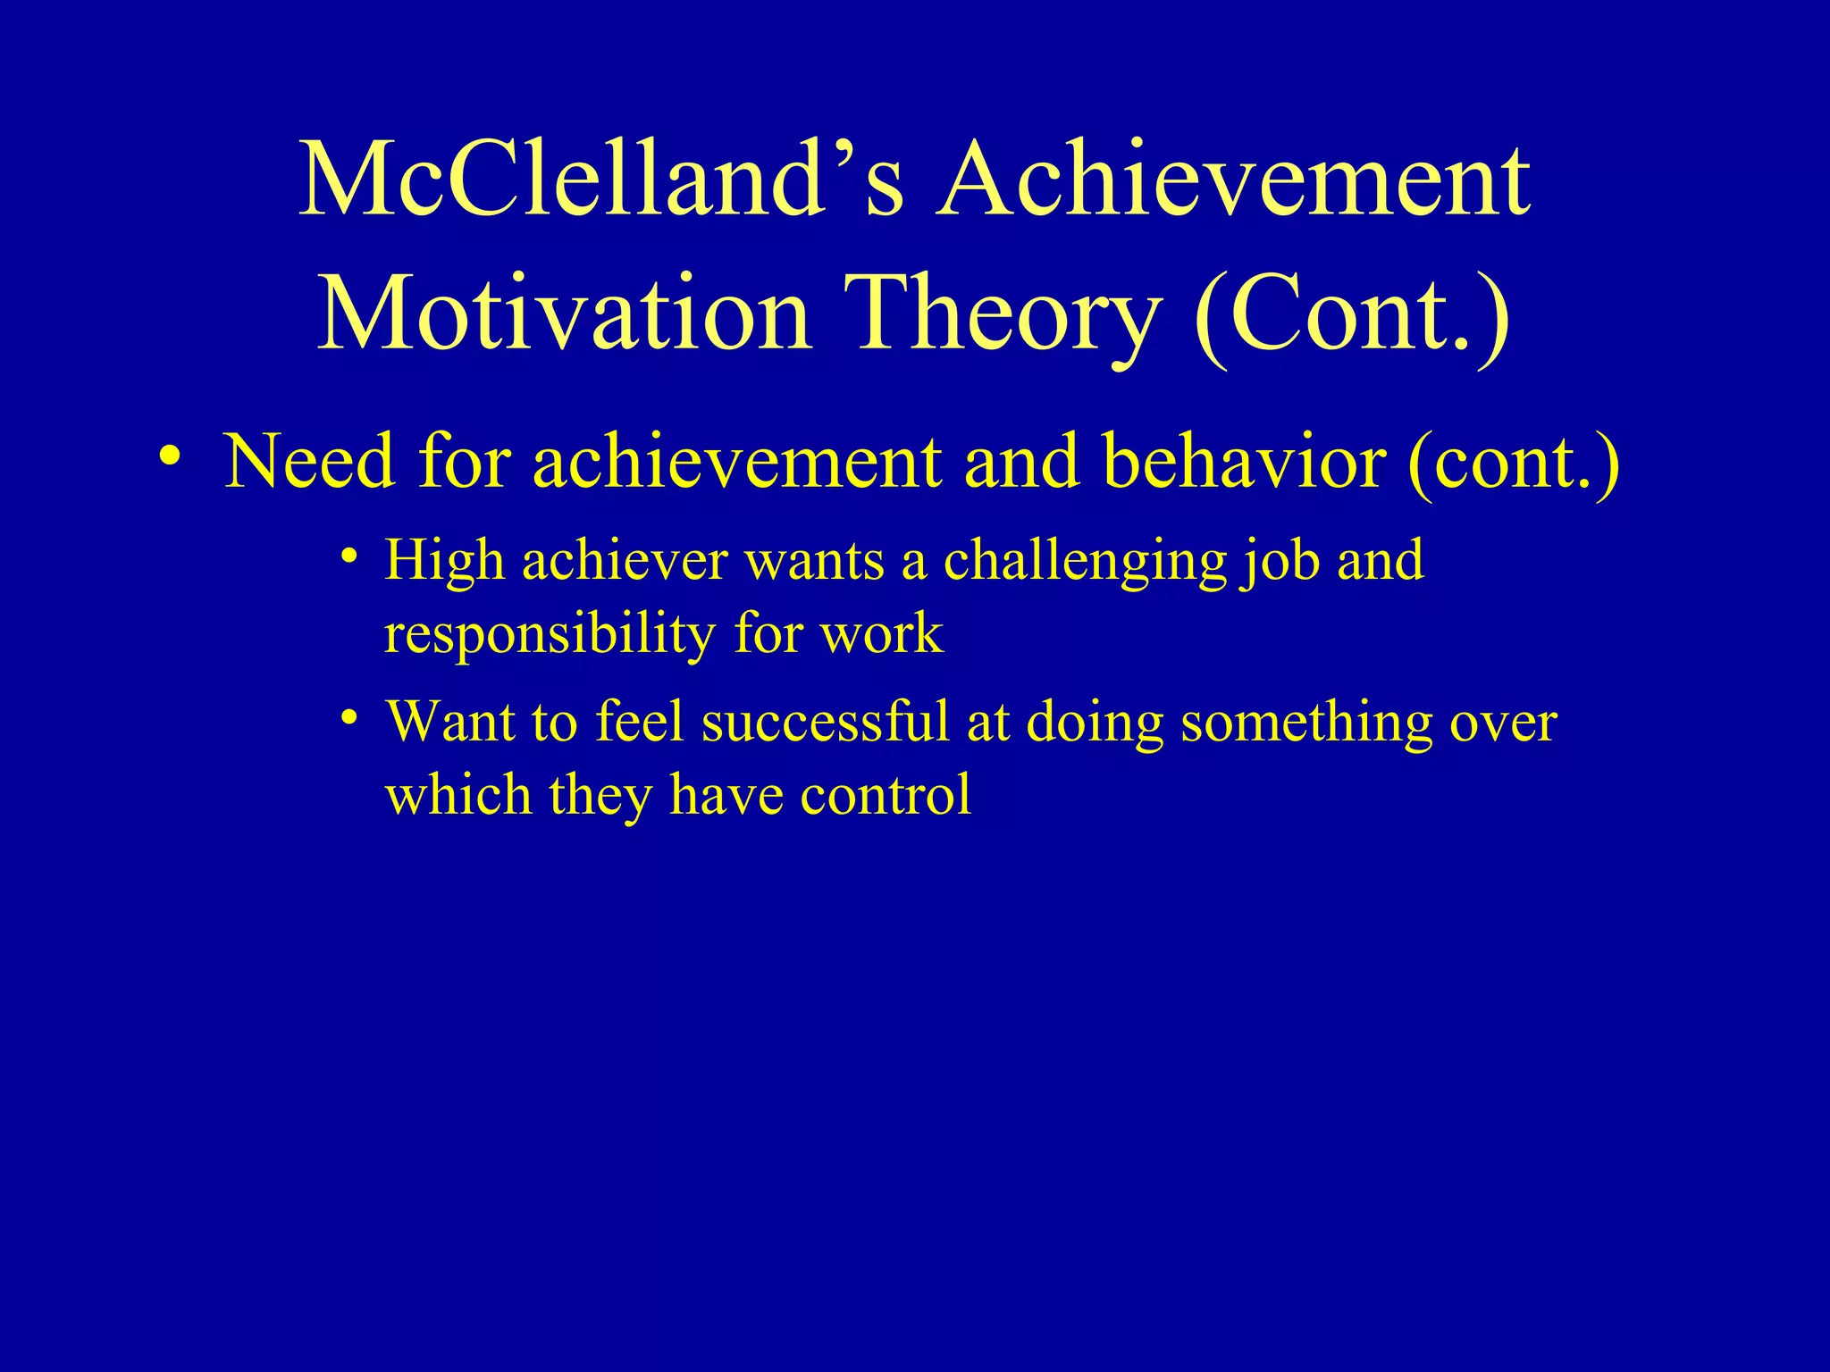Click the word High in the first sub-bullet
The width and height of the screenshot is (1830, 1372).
[444, 561]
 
